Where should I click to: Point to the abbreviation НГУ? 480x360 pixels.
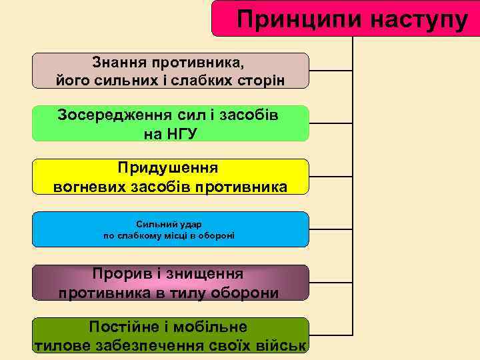point(171,133)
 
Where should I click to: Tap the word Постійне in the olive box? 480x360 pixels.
point(122,327)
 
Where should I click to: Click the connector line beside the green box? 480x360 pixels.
point(331,123)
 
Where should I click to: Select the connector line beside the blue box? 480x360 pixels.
point(331,230)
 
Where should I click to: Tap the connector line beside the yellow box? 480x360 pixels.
point(331,177)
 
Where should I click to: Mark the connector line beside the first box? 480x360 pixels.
point(331,70)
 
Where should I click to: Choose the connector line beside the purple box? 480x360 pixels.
point(331,283)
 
